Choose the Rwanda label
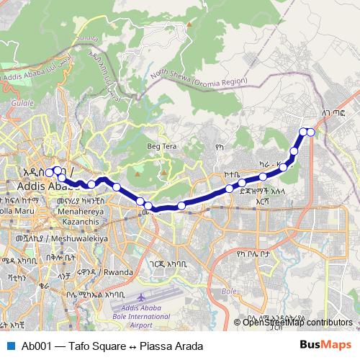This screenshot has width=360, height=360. (x=118, y=272)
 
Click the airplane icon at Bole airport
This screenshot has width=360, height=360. (x=140, y=297)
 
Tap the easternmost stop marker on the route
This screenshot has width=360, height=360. (x=310, y=132)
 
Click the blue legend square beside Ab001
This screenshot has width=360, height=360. (x=10, y=346)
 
